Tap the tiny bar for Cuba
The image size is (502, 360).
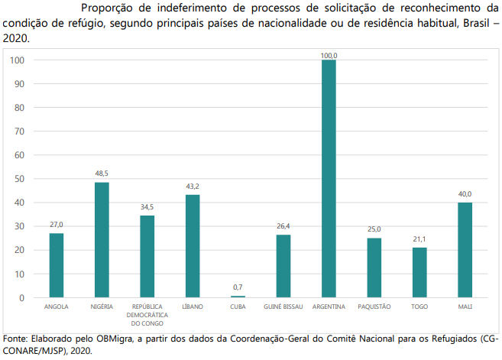(238, 297)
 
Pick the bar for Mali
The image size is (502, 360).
(465, 250)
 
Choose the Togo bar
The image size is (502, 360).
(419, 272)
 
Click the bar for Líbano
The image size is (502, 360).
(193, 245)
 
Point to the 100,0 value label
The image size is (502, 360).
(329, 56)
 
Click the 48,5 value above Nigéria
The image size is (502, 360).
(102, 174)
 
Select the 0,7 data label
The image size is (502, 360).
(238, 287)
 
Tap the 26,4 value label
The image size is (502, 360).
(283, 226)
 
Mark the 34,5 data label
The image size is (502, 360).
(147, 207)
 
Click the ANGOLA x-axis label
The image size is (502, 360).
(57, 306)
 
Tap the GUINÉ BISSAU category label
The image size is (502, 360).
(283, 306)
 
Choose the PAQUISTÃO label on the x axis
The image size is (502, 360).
(374, 306)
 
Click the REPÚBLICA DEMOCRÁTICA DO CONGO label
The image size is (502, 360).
(147, 314)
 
